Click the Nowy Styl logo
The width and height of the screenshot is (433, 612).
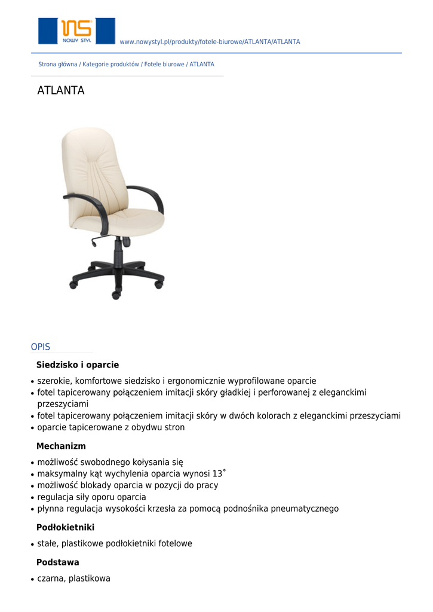pos(76,30)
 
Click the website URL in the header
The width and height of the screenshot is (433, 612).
pos(210,42)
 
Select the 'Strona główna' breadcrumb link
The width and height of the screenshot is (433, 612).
pos(57,65)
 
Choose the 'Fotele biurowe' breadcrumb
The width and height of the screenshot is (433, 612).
pos(164,65)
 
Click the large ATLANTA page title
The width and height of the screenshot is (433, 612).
pos(61,91)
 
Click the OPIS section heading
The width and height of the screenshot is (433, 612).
pos(41,347)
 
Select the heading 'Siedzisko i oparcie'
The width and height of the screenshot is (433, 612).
pos(78,365)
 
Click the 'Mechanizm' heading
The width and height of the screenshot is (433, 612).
pos(61,446)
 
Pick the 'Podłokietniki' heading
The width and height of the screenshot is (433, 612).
pos(65,528)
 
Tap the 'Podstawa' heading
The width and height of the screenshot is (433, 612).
pos(57,563)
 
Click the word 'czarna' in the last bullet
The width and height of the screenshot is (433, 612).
pos(51,579)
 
